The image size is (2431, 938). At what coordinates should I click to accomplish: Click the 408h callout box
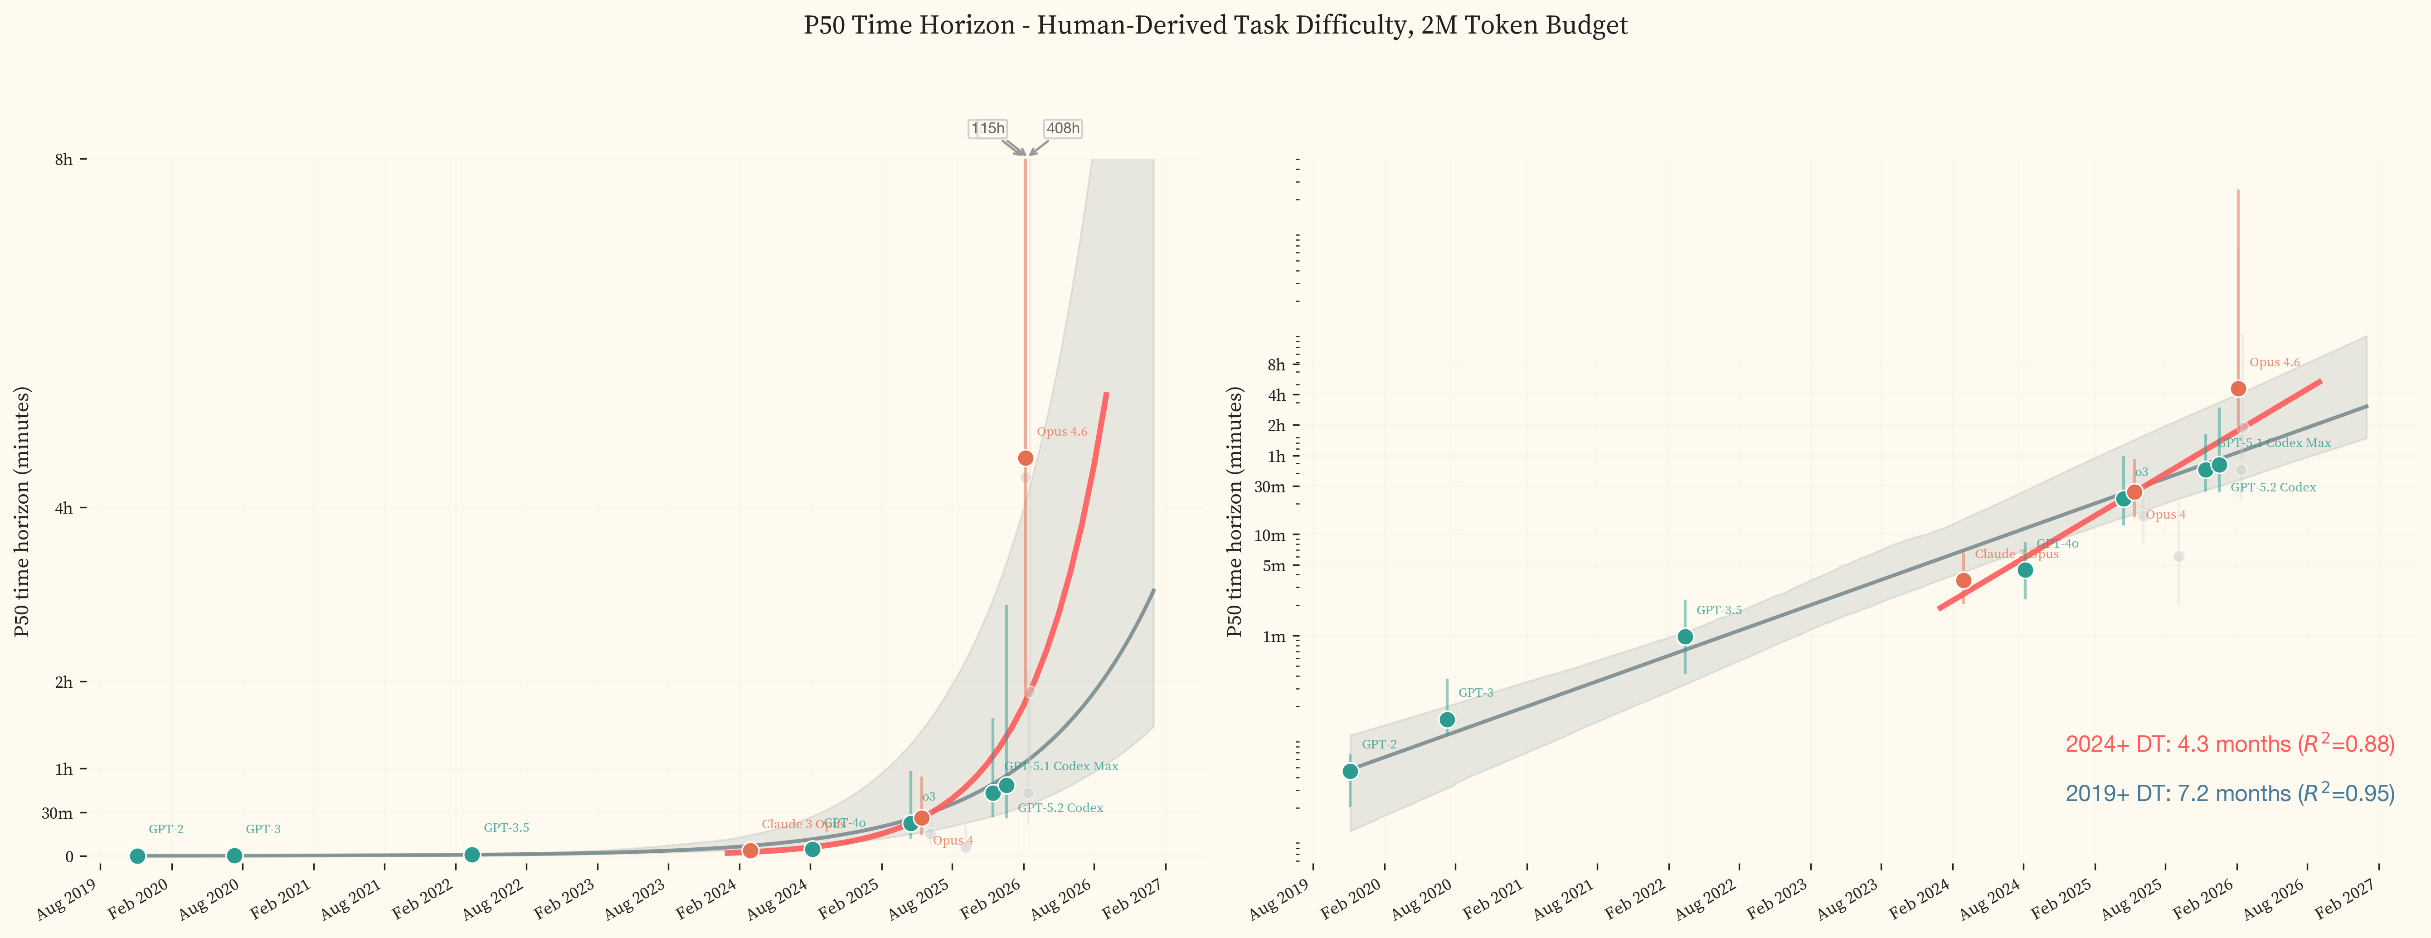click(1063, 128)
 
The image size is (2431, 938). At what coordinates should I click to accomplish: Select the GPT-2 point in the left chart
click(138, 856)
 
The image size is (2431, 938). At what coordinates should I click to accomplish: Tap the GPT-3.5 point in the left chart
click(472, 855)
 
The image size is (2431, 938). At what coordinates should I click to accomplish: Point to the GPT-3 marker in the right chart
click(1447, 720)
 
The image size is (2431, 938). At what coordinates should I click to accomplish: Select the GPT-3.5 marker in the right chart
click(1686, 637)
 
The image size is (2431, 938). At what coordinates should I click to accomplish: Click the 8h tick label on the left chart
click(63, 160)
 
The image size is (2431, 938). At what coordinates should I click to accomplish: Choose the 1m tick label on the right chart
click(1275, 637)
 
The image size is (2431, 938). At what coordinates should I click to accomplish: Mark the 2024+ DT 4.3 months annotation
click(2229, 744)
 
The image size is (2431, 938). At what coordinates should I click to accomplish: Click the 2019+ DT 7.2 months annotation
click(2229, 794)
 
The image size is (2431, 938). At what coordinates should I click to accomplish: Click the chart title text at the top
click(1215, 25)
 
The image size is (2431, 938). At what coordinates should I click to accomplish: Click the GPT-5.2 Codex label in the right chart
click(2272, 488)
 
